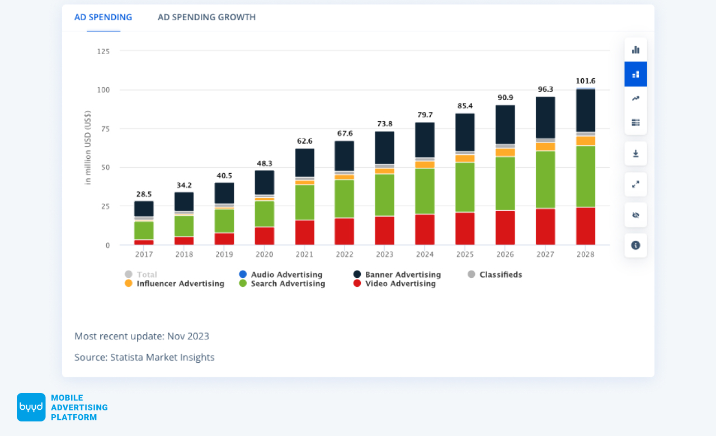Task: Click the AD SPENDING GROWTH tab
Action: [x=206, y=17]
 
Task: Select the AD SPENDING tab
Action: [x=103, y=17]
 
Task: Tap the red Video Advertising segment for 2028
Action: [x=585, y=226]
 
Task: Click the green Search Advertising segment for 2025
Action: [x=465, y=187]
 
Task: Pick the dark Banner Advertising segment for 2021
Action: [x=305, y=163]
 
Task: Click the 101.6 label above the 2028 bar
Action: [x=585, y=81]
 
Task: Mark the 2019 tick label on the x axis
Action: [x=224, y=254]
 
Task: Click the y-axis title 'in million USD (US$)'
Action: [x=88, y=148]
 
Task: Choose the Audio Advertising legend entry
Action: [x=281, y=274]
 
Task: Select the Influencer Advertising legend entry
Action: [x=175, y=283]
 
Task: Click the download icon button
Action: [x=635, y=154]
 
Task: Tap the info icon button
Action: [x=635, y=245]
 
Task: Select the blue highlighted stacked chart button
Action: [x=635, y=74]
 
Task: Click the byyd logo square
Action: [x=31, y=407]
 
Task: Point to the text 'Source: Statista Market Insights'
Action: [x=144, y=357]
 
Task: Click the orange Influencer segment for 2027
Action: [x=545, y=147]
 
